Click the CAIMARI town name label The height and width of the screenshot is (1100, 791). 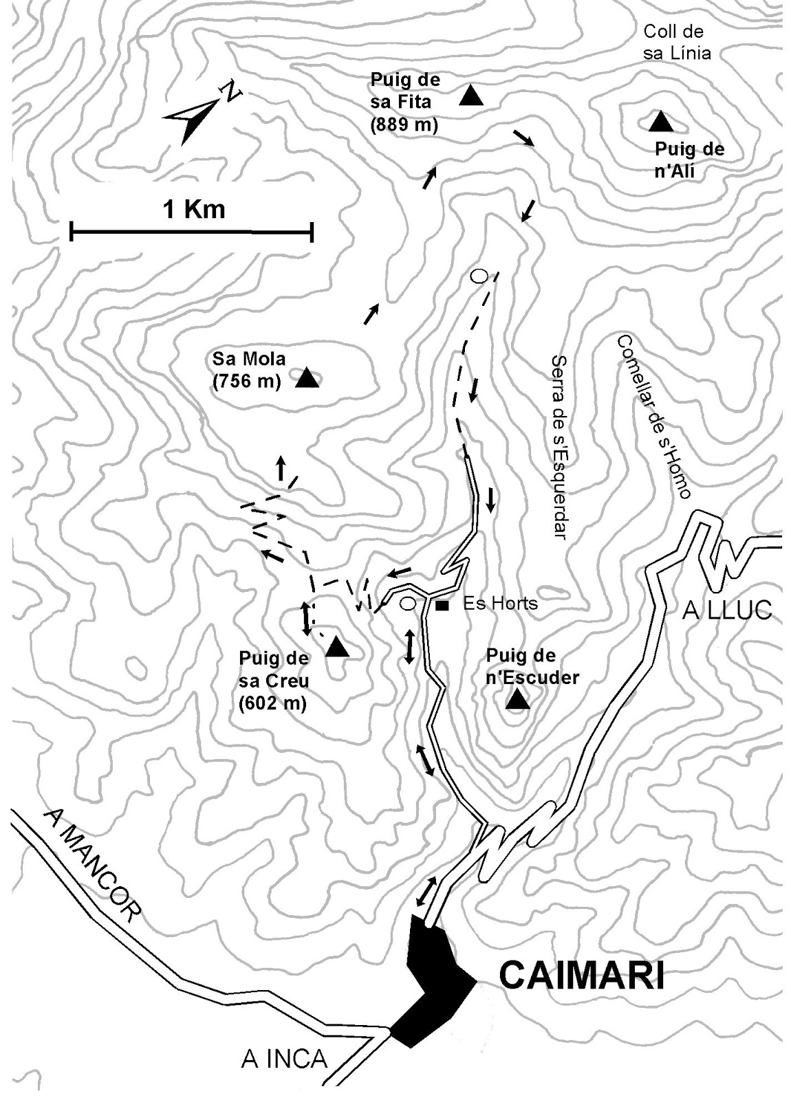click(x=581, y=976)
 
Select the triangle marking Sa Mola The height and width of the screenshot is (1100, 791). click(x=307, y=378)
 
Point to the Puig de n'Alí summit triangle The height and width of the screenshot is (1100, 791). click(x=660, y=122)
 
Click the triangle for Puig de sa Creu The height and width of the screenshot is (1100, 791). click(x=337, y=647)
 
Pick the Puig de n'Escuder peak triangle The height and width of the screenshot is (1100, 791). click(x=517, y=700)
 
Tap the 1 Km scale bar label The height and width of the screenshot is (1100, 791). click(x=193, y=208)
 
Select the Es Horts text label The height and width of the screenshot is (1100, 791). click(x=500, y=604)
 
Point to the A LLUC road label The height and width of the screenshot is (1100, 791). click(x=727, y=610)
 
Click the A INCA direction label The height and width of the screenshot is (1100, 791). click(x=284, y=1059)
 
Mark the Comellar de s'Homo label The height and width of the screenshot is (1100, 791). click(x=653, y=417)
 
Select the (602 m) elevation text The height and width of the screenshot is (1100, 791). click(x=272, y=703)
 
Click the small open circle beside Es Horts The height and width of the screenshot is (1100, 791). click(x=407, y=604)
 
